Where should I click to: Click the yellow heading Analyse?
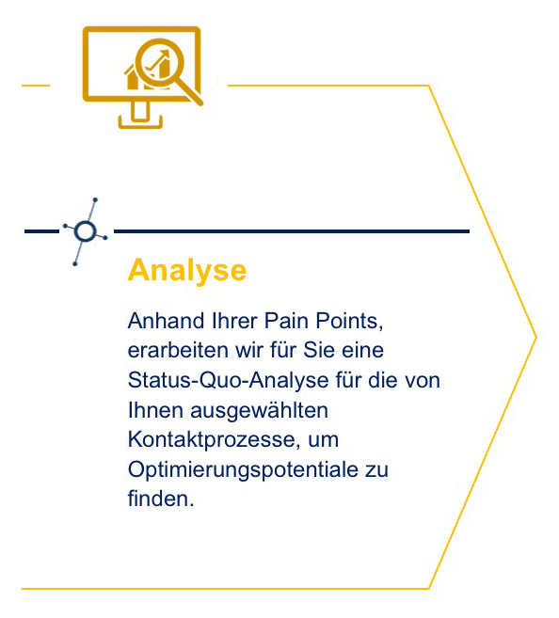coord(187,271)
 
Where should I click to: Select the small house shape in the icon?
coord(133,77)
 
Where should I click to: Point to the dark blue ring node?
coord(85,231)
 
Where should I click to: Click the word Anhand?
coord(166,321)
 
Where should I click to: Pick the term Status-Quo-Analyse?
coord(229,381)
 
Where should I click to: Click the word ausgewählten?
coord(260,411)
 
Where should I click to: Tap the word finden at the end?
coord(161,499)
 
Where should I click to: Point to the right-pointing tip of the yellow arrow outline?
coord(536,337)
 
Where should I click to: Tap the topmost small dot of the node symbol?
coord(95,200)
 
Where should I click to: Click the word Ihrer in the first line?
coord(234,321)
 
